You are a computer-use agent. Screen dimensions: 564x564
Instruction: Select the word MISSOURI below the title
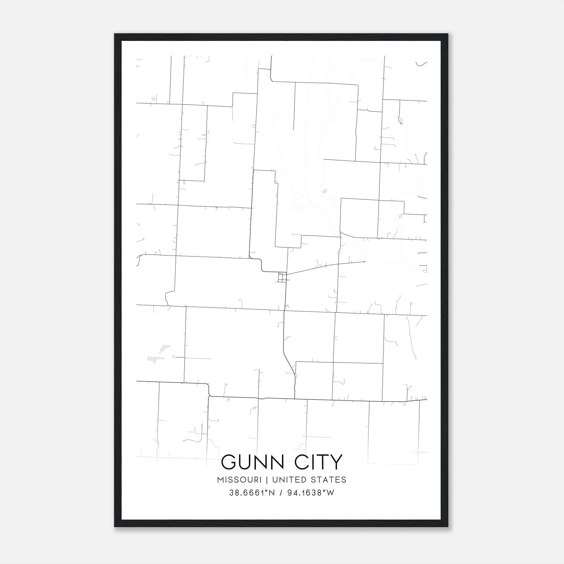click(x=239, y=480)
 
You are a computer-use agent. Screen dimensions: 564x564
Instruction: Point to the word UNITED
click(x=288, y=480)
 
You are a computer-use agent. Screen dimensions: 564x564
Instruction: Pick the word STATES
click(x=329, y=480)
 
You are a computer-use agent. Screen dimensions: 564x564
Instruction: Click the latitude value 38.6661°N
click(x=252, y=493)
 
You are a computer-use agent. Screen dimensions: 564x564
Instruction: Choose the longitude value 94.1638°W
click(x=310, y=493)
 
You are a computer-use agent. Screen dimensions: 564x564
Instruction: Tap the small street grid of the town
click(x=282, y=277)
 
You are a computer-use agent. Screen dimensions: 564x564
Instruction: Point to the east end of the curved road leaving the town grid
click(x=364, y=262)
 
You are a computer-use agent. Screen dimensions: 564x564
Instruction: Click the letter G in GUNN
click(x=229, y=462)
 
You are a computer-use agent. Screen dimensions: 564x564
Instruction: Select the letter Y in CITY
click(x=335, y=462)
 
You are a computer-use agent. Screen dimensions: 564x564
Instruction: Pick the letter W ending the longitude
click(x=330, y=493)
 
